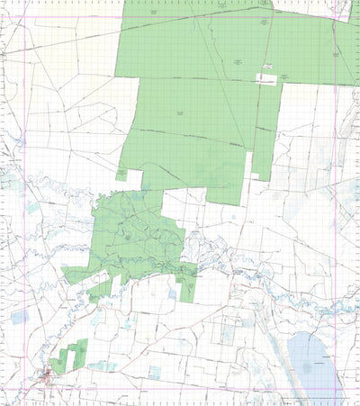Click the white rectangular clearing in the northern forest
click(267, 78)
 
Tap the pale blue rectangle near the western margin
click(20, 317)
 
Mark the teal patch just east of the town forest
click(106, 366)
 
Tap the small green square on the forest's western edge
click(121, 173)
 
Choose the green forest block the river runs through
click(135, 239)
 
